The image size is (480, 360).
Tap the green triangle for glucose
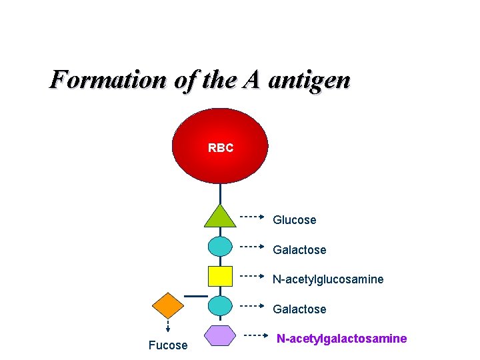pos(220,217)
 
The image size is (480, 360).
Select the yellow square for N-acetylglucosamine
pos(220,276)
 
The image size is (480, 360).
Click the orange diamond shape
pos(167,306)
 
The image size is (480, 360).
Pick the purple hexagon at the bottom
pos(220,335)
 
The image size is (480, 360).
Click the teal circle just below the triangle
pos(220,247)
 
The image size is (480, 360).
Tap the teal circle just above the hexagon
pos(220,306)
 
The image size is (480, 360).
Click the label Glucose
pos(294,220)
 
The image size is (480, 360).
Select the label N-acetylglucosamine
pos(328,279)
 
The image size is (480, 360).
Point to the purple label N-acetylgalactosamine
pos(341,339)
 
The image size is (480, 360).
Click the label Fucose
pos(167,345)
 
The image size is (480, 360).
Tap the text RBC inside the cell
pos(221,148)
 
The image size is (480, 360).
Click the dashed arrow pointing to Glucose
pos(253,217)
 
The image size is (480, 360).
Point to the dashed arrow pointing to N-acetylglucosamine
pos(253,275)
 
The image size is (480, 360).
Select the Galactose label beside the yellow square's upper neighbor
pos(299,250)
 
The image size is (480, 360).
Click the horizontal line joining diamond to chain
pos(195,295)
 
